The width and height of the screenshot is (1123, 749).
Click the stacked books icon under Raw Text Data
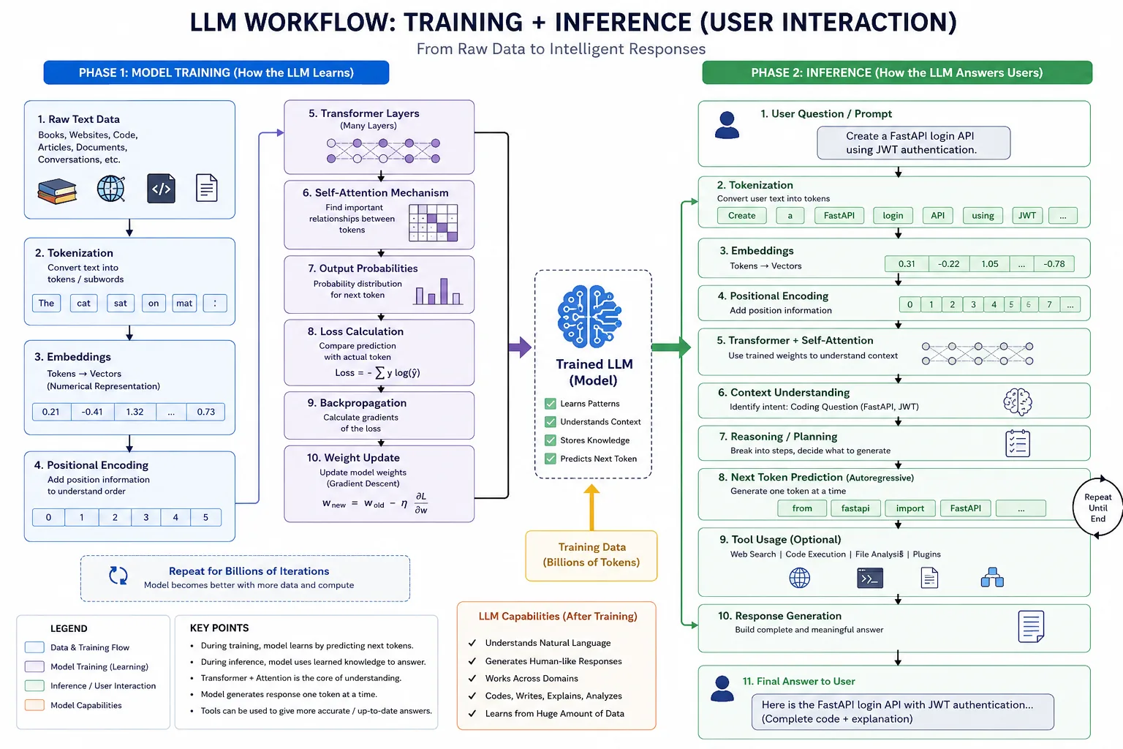pos(57,191)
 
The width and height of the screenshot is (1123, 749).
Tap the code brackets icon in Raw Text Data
pos(161,189)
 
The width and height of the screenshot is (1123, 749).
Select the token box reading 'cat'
pos(84,303)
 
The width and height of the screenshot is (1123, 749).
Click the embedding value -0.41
pos(92,412)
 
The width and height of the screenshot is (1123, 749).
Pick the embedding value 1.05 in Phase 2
pos(990,264)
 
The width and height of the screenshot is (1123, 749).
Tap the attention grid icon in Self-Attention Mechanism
pos(433,223)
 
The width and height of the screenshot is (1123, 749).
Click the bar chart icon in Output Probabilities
pos(438,291)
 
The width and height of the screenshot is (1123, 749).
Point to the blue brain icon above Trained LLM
pos(590,317)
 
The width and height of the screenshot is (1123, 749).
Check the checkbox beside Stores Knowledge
pos(551,440)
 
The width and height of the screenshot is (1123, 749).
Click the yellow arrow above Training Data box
pos(591,507)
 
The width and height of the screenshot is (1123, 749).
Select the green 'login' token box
pos(893,216)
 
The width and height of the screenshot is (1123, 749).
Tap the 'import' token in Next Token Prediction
pos(910,508)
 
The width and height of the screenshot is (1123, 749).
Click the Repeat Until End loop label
pos(1098,508)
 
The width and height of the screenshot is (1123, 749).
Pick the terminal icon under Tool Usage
pos(870,578)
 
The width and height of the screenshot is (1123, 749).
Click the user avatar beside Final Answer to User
pos(722,688)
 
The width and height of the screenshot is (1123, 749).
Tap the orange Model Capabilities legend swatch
pos(34,705)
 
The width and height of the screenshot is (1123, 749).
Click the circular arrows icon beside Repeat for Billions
pos(118,576)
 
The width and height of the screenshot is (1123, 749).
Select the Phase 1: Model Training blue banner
pos(216,72)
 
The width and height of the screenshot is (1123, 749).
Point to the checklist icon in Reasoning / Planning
pos(1018,443)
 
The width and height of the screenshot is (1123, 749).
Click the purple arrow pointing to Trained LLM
pos(520,347)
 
